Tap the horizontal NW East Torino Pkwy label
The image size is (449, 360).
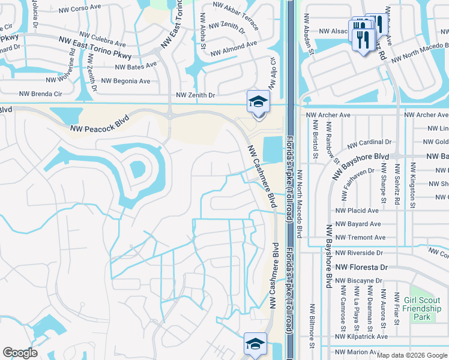(x=95, y=41)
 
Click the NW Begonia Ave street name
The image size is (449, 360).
(x=125, y=80)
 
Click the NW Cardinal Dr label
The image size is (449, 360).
(x=369, y=143)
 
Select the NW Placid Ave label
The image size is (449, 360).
(x=357, y=211)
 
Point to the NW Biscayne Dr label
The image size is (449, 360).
(x=359, y=280)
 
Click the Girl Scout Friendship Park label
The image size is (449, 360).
(x=422, y=308)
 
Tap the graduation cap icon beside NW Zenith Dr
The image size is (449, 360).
(x=258, y=101)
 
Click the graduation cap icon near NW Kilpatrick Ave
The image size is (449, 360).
(x=255, y=344)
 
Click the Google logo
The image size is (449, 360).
(x=20, y=353)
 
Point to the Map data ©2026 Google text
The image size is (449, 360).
(x=412, y=355)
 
